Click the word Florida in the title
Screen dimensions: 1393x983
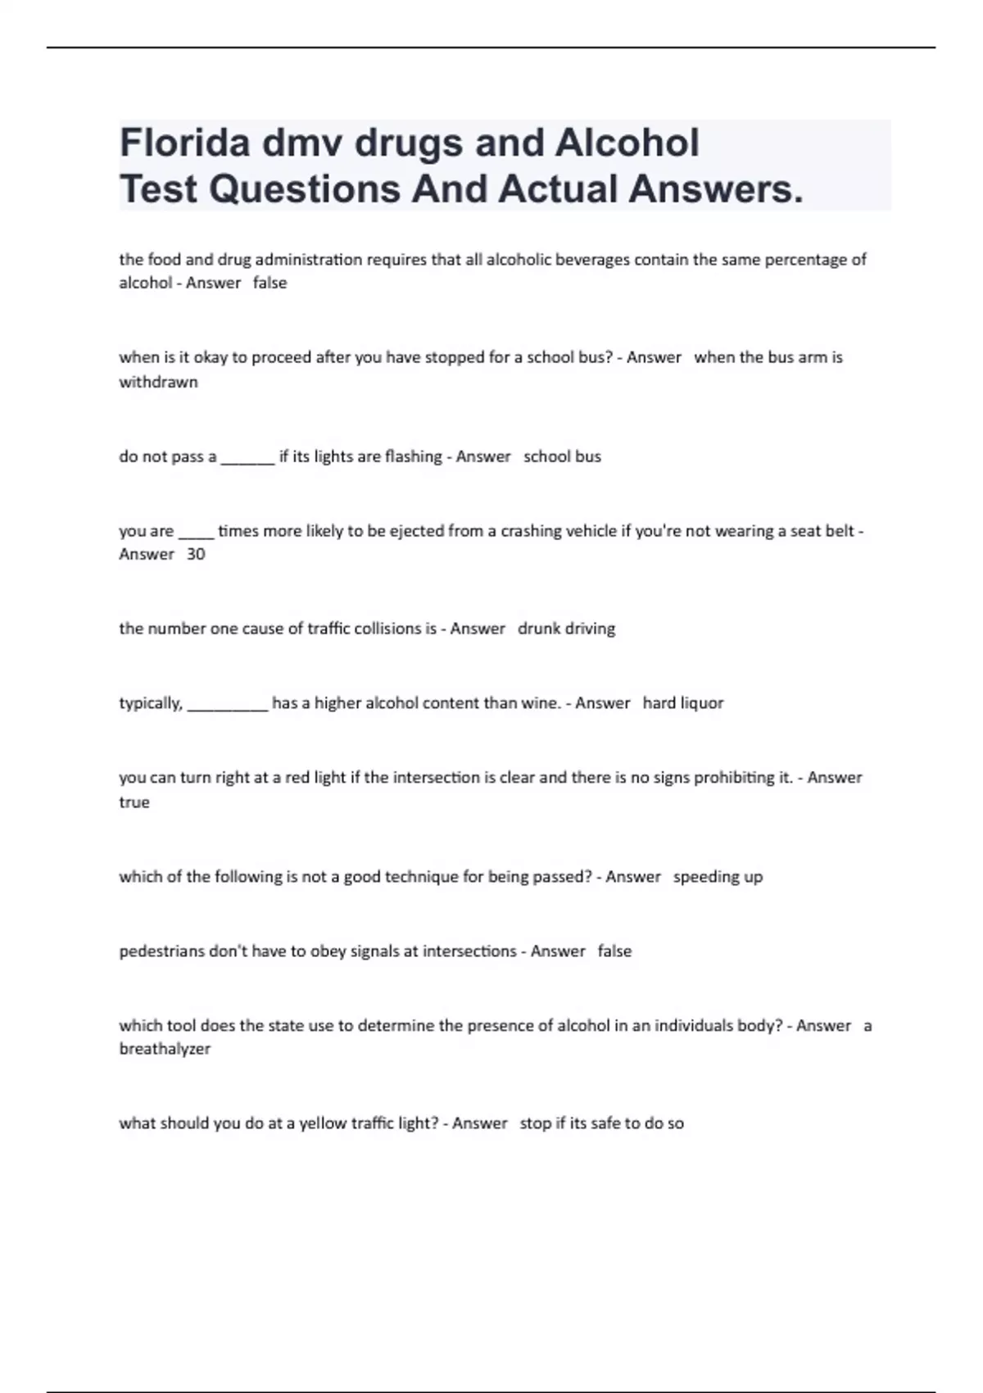185,143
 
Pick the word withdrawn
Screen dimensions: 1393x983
158,382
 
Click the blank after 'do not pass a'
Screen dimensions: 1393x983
247,457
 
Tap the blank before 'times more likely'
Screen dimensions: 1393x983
196,532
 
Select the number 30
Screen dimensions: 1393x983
196,555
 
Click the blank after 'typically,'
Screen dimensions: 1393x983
227,704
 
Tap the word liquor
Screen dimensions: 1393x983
702,703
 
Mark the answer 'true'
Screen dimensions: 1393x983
134,802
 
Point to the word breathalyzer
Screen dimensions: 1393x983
165,1049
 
